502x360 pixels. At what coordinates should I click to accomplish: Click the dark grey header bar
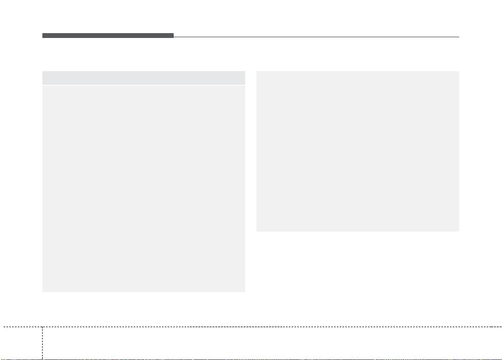click(x=108, y=36)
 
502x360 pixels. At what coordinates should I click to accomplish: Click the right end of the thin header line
click(x=459, y=37)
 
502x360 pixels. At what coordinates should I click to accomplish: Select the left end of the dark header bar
click(x=43, y=36)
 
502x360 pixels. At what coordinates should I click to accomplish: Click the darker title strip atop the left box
click(x=144, y=78)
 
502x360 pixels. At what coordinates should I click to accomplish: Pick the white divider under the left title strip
click(x=144, y=85)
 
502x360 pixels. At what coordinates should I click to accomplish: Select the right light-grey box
click(x=358, y=151)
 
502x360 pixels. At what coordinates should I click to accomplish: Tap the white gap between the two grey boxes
click(x=251, y=162)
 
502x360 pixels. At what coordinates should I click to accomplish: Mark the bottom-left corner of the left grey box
click(x=43, y=291)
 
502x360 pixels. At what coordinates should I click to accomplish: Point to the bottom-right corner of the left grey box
click(x=245, y=291)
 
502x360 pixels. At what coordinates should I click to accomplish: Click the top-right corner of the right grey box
click(x=459, y=72)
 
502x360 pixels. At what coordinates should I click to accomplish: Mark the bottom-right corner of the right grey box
click(x=459, y=231)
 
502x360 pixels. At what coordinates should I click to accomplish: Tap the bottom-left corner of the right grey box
click(x=257, y=231)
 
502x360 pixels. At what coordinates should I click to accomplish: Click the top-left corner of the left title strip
click(x=43, y=72)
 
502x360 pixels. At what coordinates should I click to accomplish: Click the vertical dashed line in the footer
click(x=42, y=343)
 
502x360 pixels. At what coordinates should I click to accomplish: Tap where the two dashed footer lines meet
click(x=42, y=326)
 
